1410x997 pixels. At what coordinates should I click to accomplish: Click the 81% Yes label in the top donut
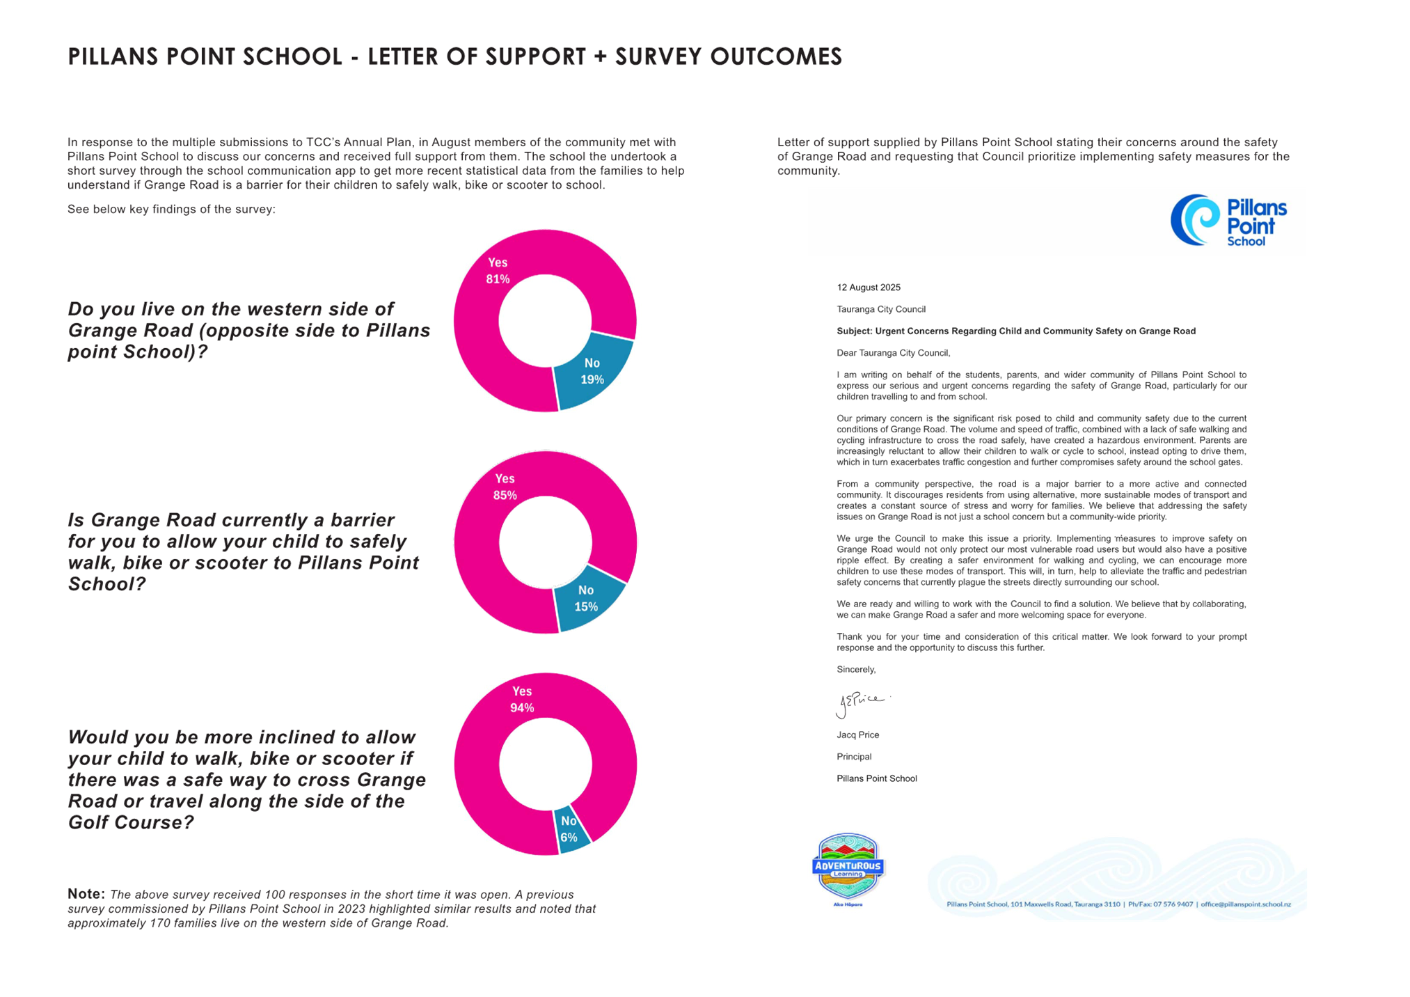pos(498,271)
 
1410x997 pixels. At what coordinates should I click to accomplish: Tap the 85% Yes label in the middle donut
pos(505,487)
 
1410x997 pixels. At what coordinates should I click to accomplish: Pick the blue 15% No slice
pos(586,598)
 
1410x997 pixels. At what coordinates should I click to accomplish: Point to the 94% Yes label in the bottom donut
pos(522,699)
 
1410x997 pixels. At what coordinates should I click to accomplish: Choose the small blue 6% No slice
pos(569,829)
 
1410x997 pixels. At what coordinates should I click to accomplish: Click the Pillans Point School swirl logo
pos(1195,219)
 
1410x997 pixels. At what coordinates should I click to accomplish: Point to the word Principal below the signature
pos(854,757)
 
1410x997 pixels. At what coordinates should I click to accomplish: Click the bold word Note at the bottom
pos(86,893)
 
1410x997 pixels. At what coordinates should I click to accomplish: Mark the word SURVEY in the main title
pos(658,56)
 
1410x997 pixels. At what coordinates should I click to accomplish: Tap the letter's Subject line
pos(1015,331)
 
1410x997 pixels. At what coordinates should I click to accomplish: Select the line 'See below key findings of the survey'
pos(171,209)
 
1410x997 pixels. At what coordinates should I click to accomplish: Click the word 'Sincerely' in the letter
pos(856,669)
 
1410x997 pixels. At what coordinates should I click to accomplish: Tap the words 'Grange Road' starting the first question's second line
pos(130,330)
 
